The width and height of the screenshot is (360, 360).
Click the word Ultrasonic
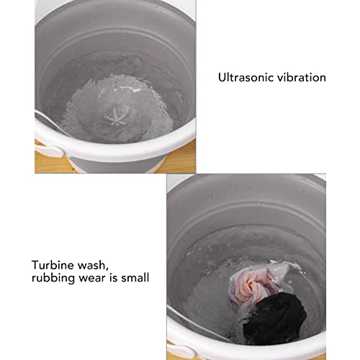pyautogui.click(x=246, y=78)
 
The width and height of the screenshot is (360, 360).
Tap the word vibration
pyautogui.click(x=302, y=78)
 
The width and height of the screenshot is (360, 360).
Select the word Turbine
pyautogui.click(x=53, y=265)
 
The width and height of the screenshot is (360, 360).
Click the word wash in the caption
pyautogui.click(x=92, y=265)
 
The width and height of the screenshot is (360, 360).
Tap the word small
pyautogui.click(x=135, y=278)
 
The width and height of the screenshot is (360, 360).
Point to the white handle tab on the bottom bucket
pyautogui.click(x=181, y=351)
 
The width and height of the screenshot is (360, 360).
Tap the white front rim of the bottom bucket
pyautogui.click(x=240, y=346)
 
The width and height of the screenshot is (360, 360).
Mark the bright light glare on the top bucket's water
pyautogui.click(x=127, y=89)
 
